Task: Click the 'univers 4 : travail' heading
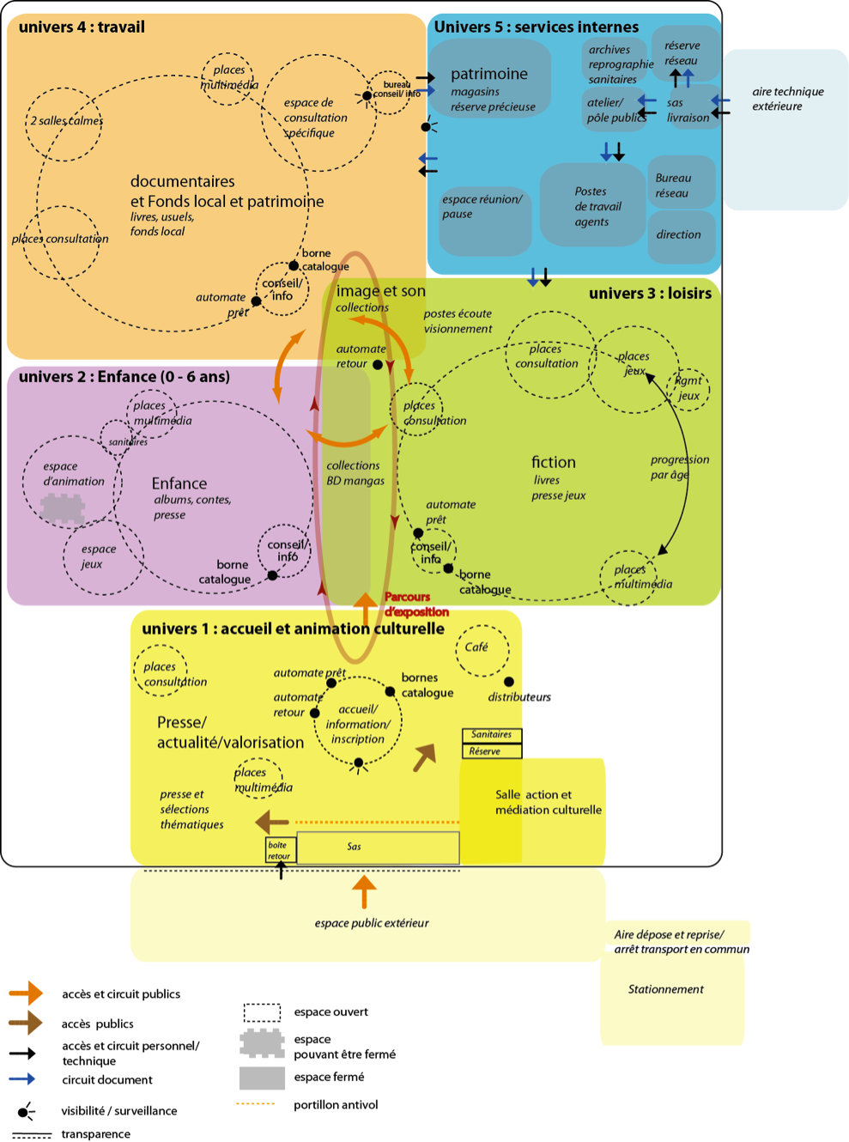(x=82, y=27)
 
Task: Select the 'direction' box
(x=679, y=234)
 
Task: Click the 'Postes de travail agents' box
(x=591, y=206)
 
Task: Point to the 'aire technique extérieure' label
(x=787, y=99)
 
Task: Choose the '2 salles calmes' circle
(x=64, y=123)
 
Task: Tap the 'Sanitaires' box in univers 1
(x=492, y=735)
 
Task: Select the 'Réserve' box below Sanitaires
(x=492, y=751)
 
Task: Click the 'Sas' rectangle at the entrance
(x=378, y=847)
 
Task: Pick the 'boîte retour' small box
(x=280, y=850)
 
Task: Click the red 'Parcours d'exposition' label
(x=417, y=604)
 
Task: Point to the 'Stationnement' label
(x=665, y=989)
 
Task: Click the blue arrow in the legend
(x=22, y=1079)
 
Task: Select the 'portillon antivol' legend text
(x=336, y=1105)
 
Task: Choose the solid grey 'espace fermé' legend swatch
(x=262, y=1078)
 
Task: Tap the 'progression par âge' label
(x=679, y=467)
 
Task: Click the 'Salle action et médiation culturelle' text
(x=548, y=802)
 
